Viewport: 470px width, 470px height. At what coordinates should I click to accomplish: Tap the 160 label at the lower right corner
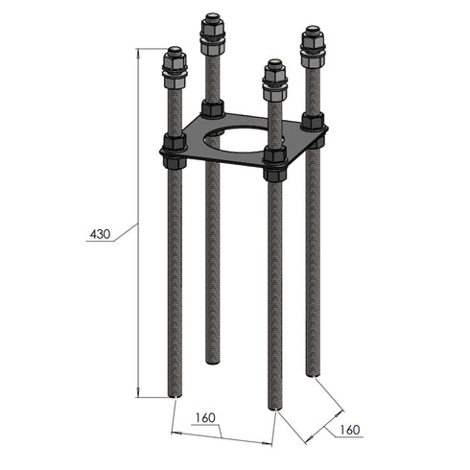[349, 431]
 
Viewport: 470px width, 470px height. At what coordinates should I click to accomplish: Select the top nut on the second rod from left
[213, 36]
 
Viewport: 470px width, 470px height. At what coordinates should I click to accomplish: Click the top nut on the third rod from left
[274, 81]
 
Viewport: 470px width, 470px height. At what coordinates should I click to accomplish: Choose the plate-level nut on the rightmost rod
[312, 123]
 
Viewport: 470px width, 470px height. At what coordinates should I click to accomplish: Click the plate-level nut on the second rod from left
[213, 107]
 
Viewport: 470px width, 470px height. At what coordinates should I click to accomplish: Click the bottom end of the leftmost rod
[175, 393]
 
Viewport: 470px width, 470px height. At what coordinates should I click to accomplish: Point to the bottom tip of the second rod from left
[213, 361]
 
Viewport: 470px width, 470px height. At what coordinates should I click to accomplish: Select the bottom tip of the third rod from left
[275, 407]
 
